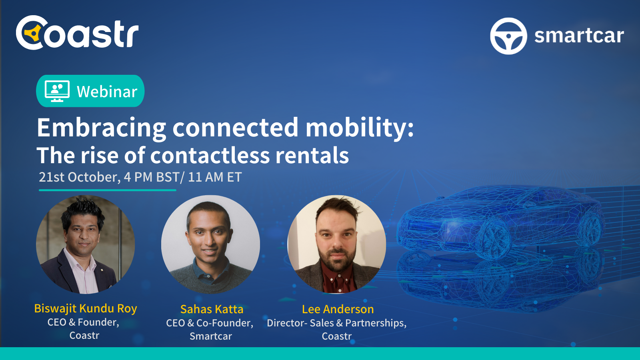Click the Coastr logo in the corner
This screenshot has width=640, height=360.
77,33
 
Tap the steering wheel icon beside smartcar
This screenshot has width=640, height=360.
508,36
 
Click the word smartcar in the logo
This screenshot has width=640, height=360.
579,36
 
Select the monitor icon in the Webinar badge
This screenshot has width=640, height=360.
57,91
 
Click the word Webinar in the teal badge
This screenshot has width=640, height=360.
107,92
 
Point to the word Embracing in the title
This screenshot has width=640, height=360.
101,128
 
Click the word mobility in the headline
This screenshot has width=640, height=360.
359,128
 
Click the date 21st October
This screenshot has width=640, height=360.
79,177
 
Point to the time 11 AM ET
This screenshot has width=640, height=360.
215,177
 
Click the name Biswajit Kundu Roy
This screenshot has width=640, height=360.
86,308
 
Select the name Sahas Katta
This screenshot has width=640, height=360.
212,309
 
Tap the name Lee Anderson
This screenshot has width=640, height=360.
338,309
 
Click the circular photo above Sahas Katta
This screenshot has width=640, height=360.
210,244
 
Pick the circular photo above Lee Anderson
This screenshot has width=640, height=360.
337,244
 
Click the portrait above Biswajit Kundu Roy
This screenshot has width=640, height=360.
85,244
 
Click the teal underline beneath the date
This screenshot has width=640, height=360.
107,190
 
